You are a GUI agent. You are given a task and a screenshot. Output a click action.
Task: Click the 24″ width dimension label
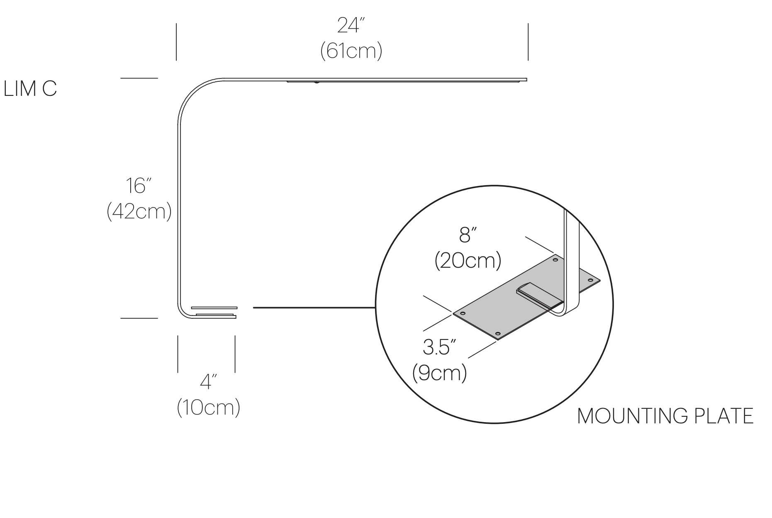click(350, 26)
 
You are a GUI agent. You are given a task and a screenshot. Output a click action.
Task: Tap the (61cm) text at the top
click(351, 51)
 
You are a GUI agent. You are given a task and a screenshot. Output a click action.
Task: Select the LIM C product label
click(30, 89)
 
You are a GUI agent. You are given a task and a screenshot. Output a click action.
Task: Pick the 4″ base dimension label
click(208, 382)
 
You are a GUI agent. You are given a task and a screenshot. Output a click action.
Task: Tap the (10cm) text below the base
click(208, 408)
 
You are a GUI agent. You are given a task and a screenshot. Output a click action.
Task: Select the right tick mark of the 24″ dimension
click(528, 42)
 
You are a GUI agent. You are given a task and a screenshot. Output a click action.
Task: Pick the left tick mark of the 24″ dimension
click(176, 42)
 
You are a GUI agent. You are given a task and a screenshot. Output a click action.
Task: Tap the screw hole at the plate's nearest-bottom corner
click(498, 334)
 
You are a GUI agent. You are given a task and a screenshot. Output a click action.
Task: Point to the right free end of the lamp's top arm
click(526, 79)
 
